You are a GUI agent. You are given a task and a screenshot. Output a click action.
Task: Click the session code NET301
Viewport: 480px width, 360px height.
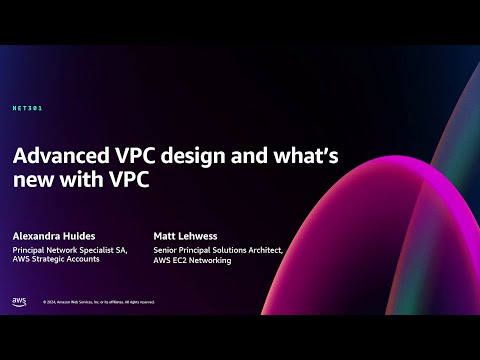click(x=28, y=107)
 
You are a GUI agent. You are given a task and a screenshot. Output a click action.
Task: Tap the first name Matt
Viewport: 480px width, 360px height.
click(x=164, y=236)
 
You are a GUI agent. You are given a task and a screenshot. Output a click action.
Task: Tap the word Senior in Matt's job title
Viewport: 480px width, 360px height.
click(x=165, y=250)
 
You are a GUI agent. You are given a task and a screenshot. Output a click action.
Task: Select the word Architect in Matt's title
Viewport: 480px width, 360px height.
click(x=264, y=250)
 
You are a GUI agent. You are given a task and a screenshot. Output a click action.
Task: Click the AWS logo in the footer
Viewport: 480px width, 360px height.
click(x=19, y=301)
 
